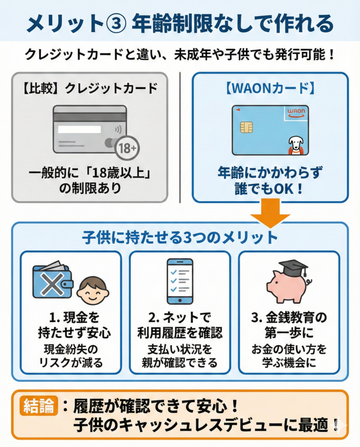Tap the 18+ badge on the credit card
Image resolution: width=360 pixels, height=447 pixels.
127,148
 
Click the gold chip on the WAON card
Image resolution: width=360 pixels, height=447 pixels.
246,127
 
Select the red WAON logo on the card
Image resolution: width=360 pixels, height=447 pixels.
297,113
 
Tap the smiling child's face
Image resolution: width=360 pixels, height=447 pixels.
93,289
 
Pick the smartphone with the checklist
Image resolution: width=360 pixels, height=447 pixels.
180,281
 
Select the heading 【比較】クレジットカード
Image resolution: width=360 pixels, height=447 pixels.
89,88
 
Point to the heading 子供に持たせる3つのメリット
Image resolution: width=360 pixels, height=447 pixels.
180,237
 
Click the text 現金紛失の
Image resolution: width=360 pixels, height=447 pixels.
71,349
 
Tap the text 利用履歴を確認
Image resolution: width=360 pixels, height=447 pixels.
180,333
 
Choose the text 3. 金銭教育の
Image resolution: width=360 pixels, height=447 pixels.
288,317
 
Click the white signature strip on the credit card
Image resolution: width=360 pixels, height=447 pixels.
79,129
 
